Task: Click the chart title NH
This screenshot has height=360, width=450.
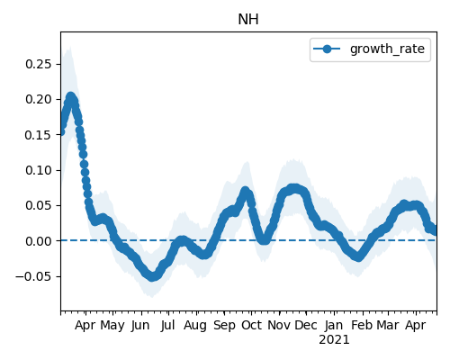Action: (248, 20)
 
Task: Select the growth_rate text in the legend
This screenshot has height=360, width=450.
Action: (387, 49)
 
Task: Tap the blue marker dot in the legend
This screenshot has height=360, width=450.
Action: (327, 49)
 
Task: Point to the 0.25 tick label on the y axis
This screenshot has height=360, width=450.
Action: (38, 64)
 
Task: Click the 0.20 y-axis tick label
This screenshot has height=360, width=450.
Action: (38, 99)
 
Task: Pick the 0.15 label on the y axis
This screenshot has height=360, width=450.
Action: (38, 135)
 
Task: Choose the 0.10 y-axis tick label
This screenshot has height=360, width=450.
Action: (38, 170)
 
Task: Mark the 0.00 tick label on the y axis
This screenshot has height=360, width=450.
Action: (38, 241)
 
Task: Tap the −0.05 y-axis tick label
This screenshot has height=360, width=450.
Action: (33, 276)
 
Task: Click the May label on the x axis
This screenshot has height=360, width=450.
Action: (112, 325)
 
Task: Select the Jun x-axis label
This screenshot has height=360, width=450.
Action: (140, 325)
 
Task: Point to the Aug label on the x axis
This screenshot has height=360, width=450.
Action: (195, 325)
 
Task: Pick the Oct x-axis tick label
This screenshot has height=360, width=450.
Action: (251, 325)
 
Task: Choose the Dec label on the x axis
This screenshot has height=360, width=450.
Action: (306, 325)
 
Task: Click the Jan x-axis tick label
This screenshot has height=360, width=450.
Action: (334, 325)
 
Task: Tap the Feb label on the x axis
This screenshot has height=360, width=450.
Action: (362, 325)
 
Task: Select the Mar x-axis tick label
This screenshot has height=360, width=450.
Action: (388, 325)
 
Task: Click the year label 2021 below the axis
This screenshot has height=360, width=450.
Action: (334, 340)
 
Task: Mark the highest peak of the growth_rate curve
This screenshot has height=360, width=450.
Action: (70, 96)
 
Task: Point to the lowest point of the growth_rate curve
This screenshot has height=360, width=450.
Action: (152, 276)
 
